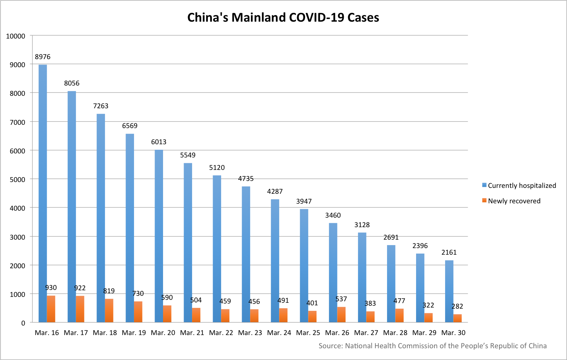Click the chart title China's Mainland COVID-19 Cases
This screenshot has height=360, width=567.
point(283,18)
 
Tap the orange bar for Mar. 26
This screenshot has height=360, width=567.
point(342,315)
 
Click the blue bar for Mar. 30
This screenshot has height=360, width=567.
point(449,291)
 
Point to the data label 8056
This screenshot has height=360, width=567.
point(72,83)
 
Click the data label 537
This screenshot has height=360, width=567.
point(341,299)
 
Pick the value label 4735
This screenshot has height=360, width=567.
point(246,179)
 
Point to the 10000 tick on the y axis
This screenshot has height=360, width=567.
point(16,36)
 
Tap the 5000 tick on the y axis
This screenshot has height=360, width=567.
point(17,179)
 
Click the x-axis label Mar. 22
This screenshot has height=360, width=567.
point(221,333)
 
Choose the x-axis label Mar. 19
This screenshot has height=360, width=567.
point(134,333)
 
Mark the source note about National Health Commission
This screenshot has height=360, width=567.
point(432,346)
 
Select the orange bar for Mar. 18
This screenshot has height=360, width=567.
point(109,311)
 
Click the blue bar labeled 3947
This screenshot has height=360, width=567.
point(304,266)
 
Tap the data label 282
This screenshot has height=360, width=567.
point(457,306)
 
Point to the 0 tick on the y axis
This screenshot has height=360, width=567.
point(23,323)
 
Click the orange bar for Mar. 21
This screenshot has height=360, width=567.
point(196,315)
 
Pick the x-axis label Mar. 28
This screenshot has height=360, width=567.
point(395,333)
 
